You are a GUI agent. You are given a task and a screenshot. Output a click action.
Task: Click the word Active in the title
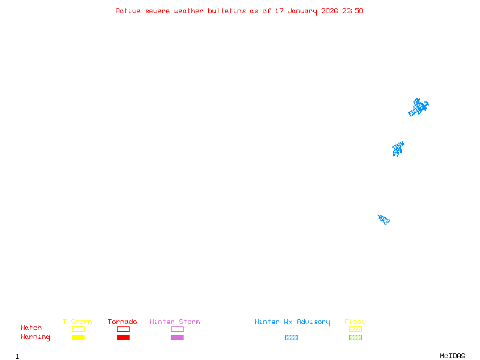point(128,11)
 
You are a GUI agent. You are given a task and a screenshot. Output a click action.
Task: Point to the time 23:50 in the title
point(353,11)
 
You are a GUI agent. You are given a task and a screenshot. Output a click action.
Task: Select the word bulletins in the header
point(227,11)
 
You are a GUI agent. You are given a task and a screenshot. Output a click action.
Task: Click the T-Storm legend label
point(77,322)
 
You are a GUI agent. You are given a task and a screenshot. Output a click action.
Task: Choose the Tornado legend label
point(122,322)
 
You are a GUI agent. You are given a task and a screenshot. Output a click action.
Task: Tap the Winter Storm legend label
point(175,322)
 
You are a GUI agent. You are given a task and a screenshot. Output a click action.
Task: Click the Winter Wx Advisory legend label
point(292,322)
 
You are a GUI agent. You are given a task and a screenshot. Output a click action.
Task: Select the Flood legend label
point(355,322)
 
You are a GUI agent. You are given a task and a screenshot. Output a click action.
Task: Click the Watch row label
point(31,328)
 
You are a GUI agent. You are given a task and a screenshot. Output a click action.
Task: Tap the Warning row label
point(35,337)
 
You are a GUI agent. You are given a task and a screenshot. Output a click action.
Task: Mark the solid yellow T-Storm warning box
point(78,338)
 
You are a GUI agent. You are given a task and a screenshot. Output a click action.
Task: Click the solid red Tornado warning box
point(123,338)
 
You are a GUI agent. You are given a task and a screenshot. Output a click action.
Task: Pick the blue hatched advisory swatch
point(291,338)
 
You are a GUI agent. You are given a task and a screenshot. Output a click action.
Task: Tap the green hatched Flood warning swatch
point(355,338)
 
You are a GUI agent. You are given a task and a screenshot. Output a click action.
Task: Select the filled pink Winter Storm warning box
point(177,338)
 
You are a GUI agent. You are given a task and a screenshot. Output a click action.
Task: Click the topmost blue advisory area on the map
point(418,107)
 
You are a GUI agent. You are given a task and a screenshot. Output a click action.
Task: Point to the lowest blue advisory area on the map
point(384,219)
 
